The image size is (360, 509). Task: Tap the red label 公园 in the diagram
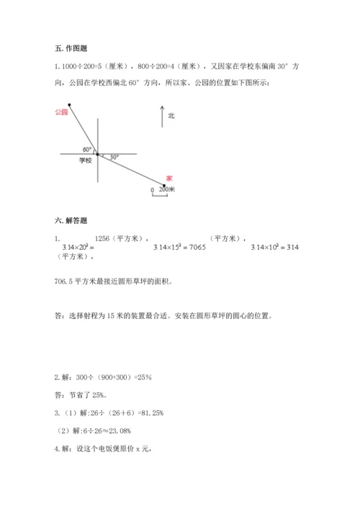(x=60, y=112)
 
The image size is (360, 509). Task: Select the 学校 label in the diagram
(x=86, y=161)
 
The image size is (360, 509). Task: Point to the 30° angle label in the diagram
(x=113, y=156)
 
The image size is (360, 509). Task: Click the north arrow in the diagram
(x=162, y=116)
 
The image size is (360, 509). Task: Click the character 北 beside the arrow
(x=171, y=115)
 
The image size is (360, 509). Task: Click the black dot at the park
(x=69, y=105)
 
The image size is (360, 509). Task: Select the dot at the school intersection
(x=98, y=153)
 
